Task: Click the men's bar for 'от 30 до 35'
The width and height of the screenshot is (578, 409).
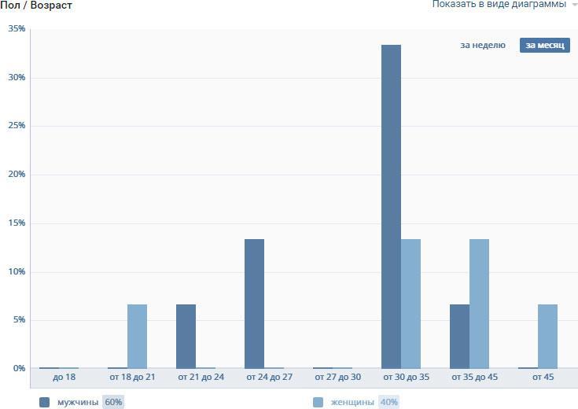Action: [x=391, y=206]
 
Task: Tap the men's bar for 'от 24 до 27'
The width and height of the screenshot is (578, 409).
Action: [x=254, y=304]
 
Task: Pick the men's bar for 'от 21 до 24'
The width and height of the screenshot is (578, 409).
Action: [x=186, y=336]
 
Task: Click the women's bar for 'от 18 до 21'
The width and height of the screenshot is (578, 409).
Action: [x=137, y=336]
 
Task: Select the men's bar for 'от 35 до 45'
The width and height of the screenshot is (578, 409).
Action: [x=459, y=336]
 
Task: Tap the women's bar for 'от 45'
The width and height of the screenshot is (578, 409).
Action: [x=547, y=336]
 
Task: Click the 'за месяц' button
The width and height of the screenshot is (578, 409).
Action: [x=544, y=46]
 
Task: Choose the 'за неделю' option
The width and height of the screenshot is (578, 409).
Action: [x=483, y=46]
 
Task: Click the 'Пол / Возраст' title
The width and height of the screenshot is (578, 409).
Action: [x=36, y=6]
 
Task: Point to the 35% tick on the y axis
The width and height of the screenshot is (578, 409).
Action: [x=17, y=29]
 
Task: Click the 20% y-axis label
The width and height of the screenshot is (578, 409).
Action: [x=17, y=175]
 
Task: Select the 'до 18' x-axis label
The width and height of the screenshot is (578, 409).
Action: [x=64, y=378]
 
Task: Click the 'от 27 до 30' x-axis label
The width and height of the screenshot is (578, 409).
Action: [x=338, y=378]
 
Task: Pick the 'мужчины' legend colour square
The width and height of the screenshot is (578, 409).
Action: [x=44, y=402]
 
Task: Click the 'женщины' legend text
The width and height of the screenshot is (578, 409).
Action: [x=352, y=402]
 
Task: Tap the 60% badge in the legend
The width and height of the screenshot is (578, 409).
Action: [x=113, y=402]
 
